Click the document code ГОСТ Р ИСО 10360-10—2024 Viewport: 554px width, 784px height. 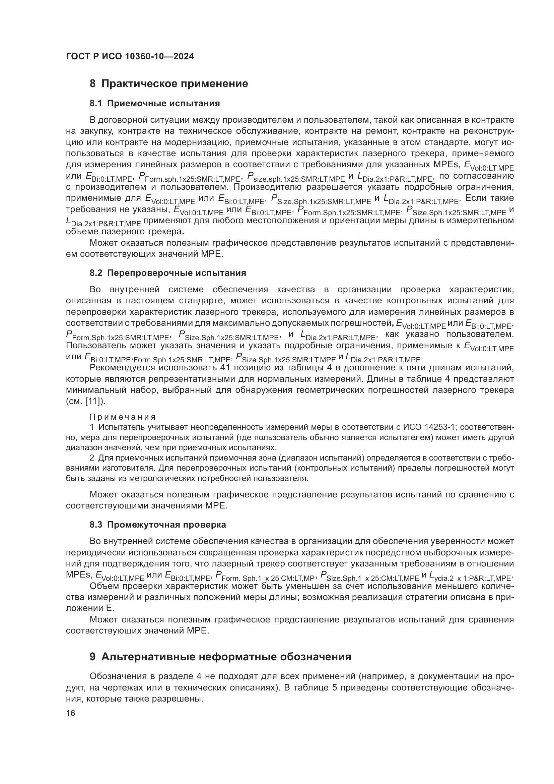coord(130,57)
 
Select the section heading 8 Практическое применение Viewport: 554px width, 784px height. coord(168,84)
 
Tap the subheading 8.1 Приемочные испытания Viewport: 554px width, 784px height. coord(154,104)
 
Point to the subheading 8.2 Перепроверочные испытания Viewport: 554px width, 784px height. coord(167,273)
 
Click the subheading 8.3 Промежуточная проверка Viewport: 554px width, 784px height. coord(158,525)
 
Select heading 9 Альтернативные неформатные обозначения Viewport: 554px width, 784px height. coord(220,657)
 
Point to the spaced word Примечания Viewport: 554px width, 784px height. coord(123,417)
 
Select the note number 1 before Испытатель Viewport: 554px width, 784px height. coord(92,427)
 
